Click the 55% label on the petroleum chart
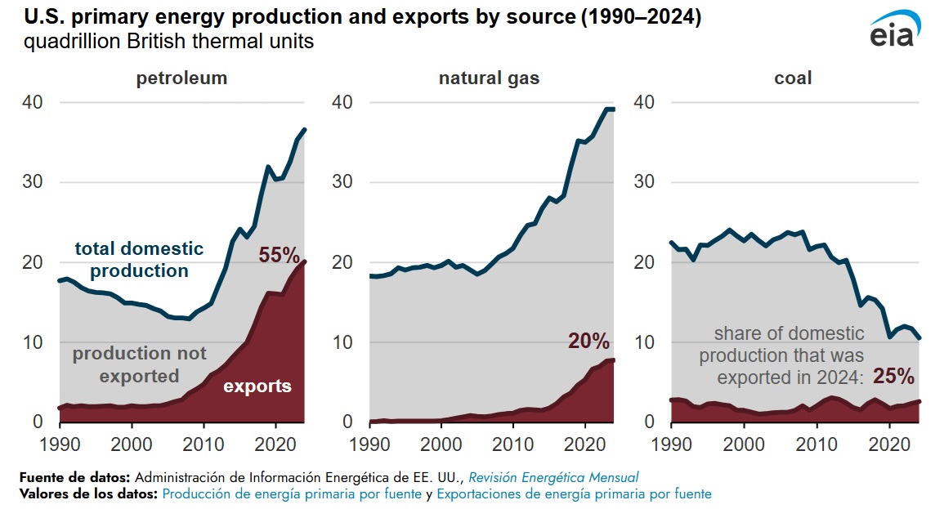(x=280, y=255)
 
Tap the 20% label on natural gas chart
(x=588, y=341)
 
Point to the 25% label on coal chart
(x=893, y=377)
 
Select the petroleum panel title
(x=181, y=78)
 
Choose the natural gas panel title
(x=489, y=78)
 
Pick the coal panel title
(x=793, y=78)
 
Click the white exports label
(x=257, y=386)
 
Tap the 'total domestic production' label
(x=139, y=259)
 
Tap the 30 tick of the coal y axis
(x=644, y=182)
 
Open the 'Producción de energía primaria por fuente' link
(x=292, y=493)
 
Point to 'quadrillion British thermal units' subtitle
(x=169, y=42)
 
